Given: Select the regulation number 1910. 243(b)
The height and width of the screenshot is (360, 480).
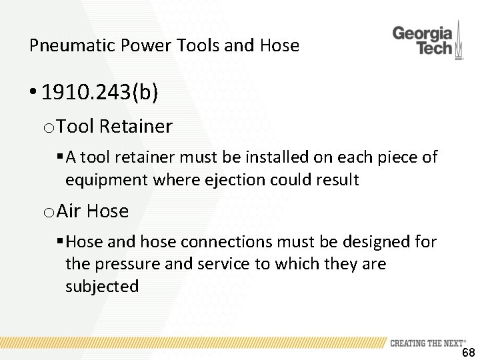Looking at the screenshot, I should pyautogui.click(x=100, y=93).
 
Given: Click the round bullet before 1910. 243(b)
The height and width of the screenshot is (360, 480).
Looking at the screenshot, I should pyautogui.click(x=33, y=93).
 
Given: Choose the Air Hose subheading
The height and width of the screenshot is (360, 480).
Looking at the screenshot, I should pyautogui.click(x=93, y=211).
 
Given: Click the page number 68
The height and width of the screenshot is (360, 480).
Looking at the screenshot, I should pyautogui.click(x=468, y=353).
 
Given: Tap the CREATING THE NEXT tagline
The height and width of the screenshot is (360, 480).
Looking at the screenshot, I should pyautogui.click(x=427, y=343).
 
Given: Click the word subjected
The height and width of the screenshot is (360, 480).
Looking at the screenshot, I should pyautogui.click(x=102, y=287).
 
